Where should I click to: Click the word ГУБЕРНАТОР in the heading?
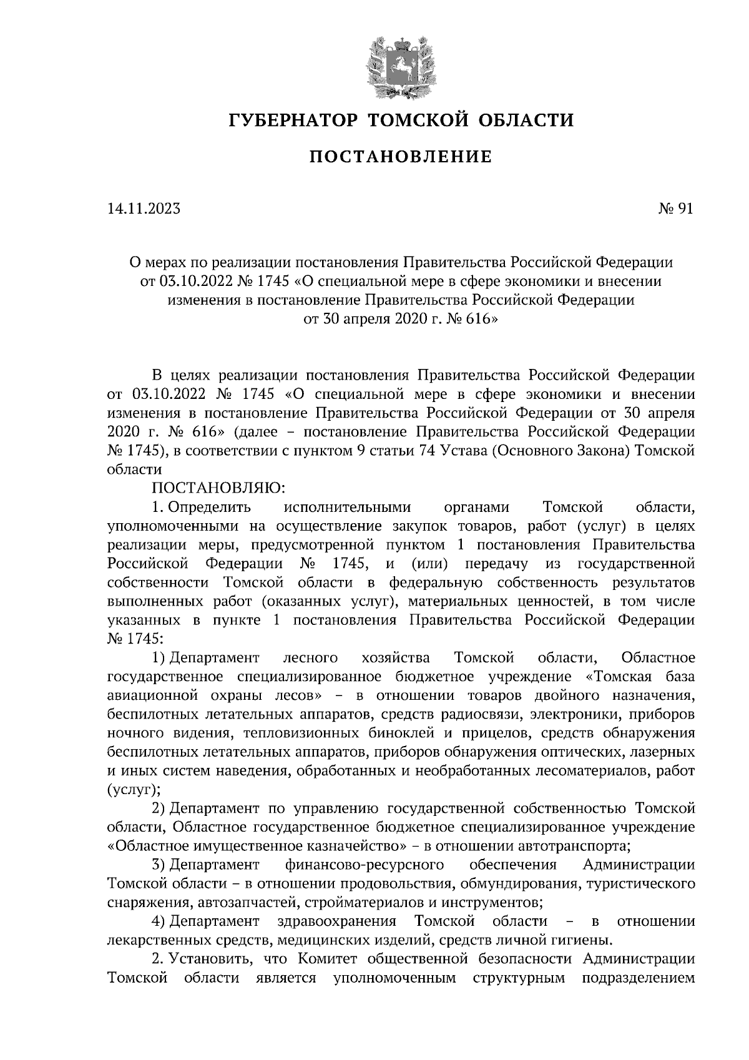click(291, 119)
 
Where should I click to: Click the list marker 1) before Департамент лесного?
click(159, 657)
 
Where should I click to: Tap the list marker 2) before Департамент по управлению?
click(159, 808)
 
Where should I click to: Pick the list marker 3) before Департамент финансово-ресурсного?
click(159, 865)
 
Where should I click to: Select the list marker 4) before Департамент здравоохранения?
click(159, 921)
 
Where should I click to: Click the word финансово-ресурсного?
click(364, 865)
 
